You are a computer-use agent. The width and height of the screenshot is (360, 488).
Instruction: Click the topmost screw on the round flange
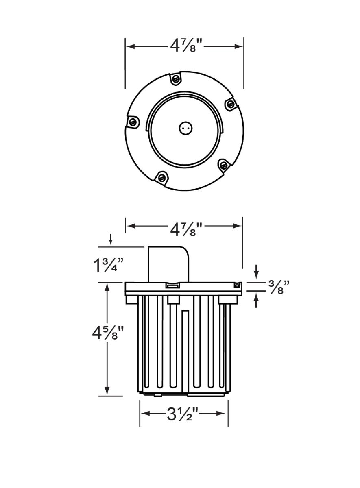(x=176, y=78)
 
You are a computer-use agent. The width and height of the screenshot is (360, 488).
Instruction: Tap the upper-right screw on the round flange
(x=231, y=104)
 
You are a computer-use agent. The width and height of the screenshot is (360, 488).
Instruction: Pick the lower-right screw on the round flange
(x=223, y=165)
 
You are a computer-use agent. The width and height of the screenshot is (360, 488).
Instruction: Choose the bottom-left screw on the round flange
(x=162, y=177)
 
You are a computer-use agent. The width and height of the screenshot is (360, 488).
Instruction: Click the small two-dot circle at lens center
(x=185, y=129)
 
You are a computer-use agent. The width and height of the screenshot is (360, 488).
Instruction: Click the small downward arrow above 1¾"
(x=111, y=241)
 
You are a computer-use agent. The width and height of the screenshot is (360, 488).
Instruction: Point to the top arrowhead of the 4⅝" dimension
(x=107, y=287)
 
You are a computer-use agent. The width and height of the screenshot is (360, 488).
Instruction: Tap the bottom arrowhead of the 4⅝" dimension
(x=107, y=391)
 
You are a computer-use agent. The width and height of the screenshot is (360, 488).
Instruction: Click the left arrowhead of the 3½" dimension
(x=144, y=414)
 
